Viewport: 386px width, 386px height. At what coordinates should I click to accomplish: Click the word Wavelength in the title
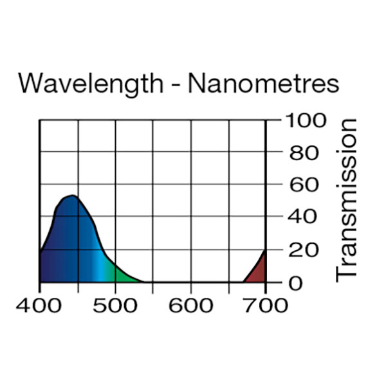click(x=90, y=84)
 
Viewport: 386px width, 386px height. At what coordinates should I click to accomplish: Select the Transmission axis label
click(x=347, y=200)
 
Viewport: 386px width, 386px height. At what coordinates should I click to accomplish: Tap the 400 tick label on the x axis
click(x=40, y=304)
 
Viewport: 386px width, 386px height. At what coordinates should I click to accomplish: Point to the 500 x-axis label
click(x=115, y=304)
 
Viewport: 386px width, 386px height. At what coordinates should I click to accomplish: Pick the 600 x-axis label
click(x=190, y=304)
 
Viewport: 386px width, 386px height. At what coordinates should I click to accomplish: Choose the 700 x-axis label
click(x=266, y=304)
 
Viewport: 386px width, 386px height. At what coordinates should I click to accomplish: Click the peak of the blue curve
click(x=72, y=196)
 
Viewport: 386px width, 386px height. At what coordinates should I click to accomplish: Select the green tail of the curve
click(x=122, y=273)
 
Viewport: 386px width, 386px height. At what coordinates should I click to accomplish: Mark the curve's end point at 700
click(x=265, y=251)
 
